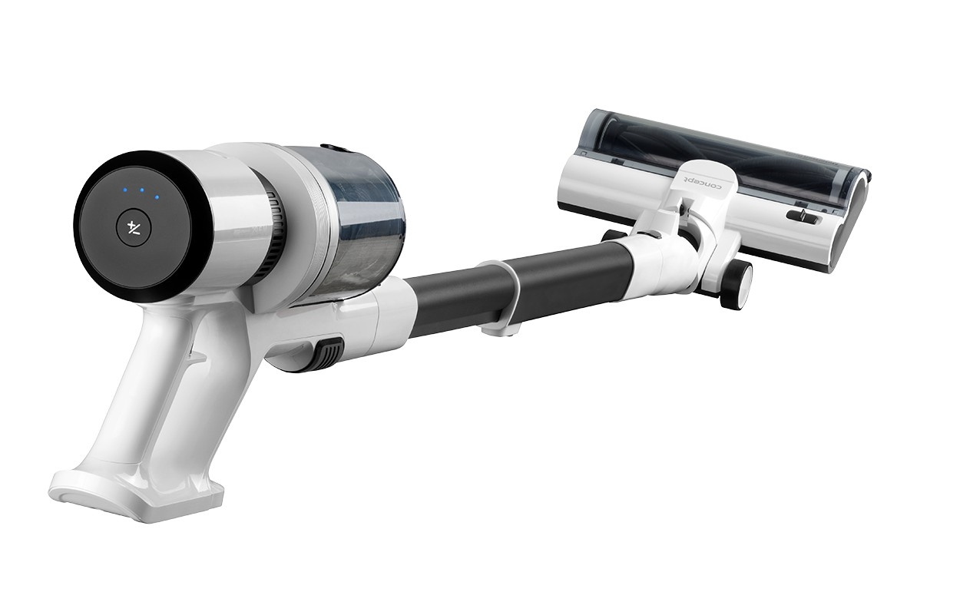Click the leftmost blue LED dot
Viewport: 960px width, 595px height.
[x=125, y=190]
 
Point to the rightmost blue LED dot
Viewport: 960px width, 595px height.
[x=157, y=197]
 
